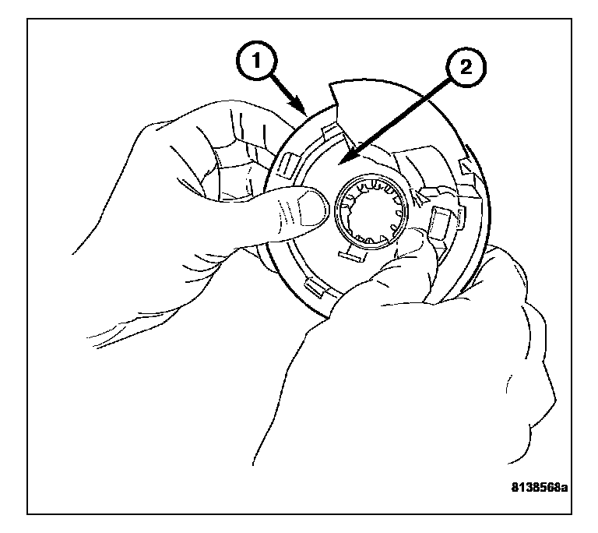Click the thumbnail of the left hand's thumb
[x=312, y=209]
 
